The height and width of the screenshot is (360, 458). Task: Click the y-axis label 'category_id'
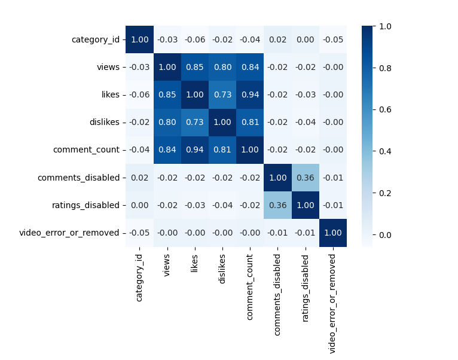click(x=96, y=40)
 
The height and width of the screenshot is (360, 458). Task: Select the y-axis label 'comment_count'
click(x=87, y=150)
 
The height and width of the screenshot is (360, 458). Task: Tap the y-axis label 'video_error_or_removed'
click(x=69, y=233)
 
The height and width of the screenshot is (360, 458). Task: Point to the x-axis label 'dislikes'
click(x=222, y=267)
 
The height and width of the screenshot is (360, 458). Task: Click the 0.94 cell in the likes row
click(x=250, y=95)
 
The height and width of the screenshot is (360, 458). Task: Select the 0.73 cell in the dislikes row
click(x=195, y=123)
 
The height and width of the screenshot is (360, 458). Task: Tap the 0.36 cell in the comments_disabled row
click(x=306, y=178)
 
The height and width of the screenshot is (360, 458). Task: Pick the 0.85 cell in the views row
click(x=195, y=68)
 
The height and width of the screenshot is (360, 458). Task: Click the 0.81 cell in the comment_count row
click(x=222, y=150)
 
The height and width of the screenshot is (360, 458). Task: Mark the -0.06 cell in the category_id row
click(x=195, y=40)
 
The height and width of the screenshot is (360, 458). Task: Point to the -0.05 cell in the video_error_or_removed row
click(x=139, y=233)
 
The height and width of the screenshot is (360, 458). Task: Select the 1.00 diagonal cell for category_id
click(x=139, y=40)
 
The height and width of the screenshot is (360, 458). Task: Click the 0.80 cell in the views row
click(x=222, y=68)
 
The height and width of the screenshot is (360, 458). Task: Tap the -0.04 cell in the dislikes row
click(x=306, y=123)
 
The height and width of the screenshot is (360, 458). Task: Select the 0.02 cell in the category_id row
click(x=278, y=40)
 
